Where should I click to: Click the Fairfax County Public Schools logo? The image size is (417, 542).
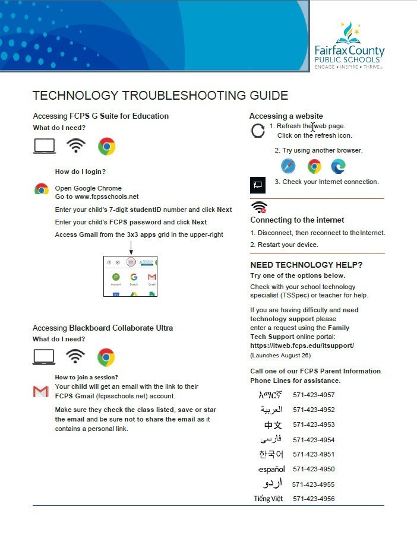click(x=349, y=46)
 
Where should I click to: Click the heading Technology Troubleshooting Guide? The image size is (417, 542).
click(x=160, y=96)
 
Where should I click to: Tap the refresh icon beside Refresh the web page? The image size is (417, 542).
click(x=258, y=131)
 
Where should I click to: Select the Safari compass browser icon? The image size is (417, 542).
click(x=288, y=166)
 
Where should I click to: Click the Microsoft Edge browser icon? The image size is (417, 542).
click(x=338, y=166)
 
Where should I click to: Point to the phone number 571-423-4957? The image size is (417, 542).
click(x=314, y=395)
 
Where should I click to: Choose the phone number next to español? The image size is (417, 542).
click(x=314, y=469)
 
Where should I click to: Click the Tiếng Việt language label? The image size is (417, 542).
click(x=268, y=499)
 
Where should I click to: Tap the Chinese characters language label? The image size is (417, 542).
click(x=273, y=425)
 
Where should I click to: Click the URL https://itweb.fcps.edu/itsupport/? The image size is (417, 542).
click(x=302, y=346)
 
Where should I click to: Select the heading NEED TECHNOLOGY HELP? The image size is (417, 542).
click(x=306, y=265)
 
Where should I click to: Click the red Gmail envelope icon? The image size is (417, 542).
click(x=40, y=391)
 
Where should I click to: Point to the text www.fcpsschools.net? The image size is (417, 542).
click(x=106, y=196)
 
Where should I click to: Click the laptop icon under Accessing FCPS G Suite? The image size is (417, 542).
click(x=44, y=145)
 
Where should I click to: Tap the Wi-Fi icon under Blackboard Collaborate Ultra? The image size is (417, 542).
click(x=75, y=356)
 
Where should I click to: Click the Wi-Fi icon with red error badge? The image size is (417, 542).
click(x=259, y=207)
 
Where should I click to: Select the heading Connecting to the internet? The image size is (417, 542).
click(x=297, y=220)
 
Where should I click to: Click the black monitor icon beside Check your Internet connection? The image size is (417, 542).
click(x=258, y=185)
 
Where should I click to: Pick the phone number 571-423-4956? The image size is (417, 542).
click(x=314, y=499)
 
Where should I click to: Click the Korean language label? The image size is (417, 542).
click(x=271, y=454)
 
